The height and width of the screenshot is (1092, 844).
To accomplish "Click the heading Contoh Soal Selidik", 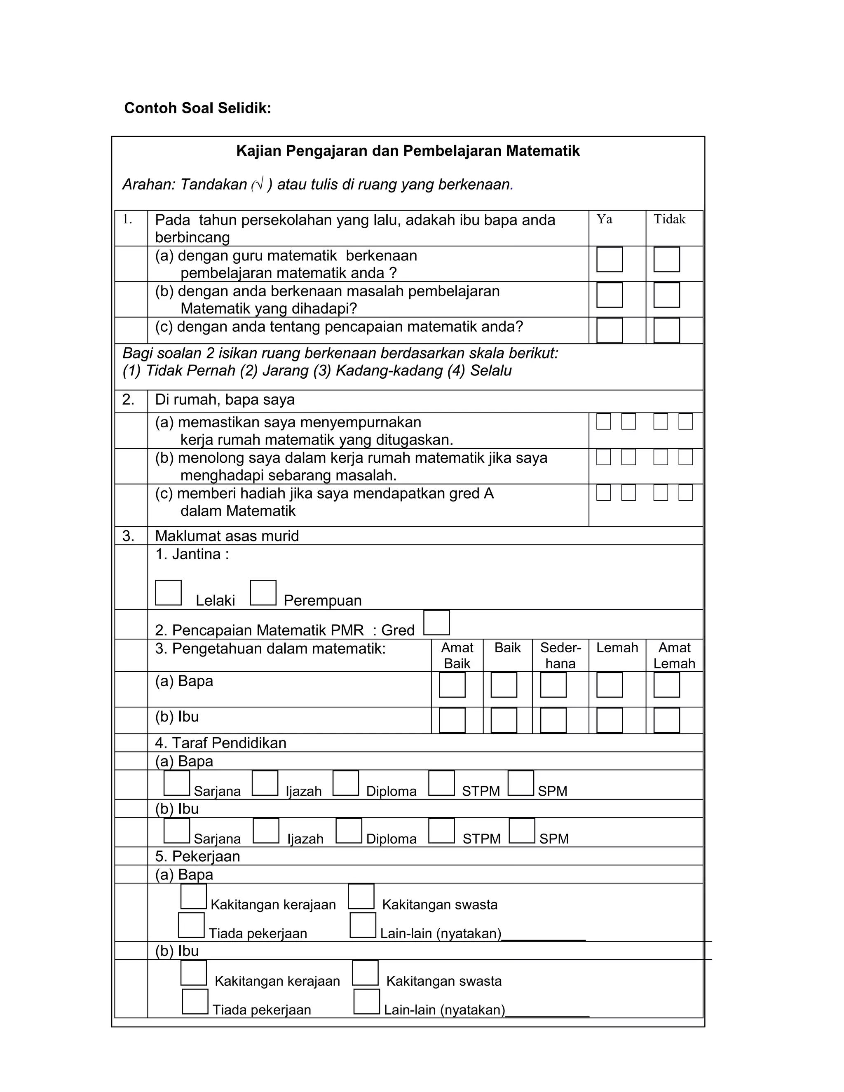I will [x=197, y=108].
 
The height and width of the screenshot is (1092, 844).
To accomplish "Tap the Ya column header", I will [x=604, y=220].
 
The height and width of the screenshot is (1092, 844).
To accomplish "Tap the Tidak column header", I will [x=670, y=220].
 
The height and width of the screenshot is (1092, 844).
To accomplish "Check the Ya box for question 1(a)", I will [x=609, y=260].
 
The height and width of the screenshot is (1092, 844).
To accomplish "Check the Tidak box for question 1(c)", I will [x=666, y=330].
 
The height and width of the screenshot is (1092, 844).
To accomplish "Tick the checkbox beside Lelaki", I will [x=168, y=593].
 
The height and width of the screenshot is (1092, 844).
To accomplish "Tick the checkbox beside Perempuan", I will [x=263, y=593].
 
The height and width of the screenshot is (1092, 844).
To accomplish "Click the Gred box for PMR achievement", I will [x=436, y=623].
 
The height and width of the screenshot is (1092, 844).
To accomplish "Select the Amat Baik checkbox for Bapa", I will [x=452, y=685].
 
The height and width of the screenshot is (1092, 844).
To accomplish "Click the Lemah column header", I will [x=617, y=648].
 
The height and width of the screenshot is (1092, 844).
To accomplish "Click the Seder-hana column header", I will [x=560, y=656].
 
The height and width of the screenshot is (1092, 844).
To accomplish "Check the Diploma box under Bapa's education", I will [x=345, y=783].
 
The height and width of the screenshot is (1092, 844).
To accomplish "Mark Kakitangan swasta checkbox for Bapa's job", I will [x=361, y=897].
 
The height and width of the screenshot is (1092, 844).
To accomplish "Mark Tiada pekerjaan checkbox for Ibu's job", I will [x=195, y=1001].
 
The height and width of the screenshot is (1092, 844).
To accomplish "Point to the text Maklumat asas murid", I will [x=227, y=536].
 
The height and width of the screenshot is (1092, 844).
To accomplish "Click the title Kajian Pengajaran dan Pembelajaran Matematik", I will [x=408, y=151].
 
